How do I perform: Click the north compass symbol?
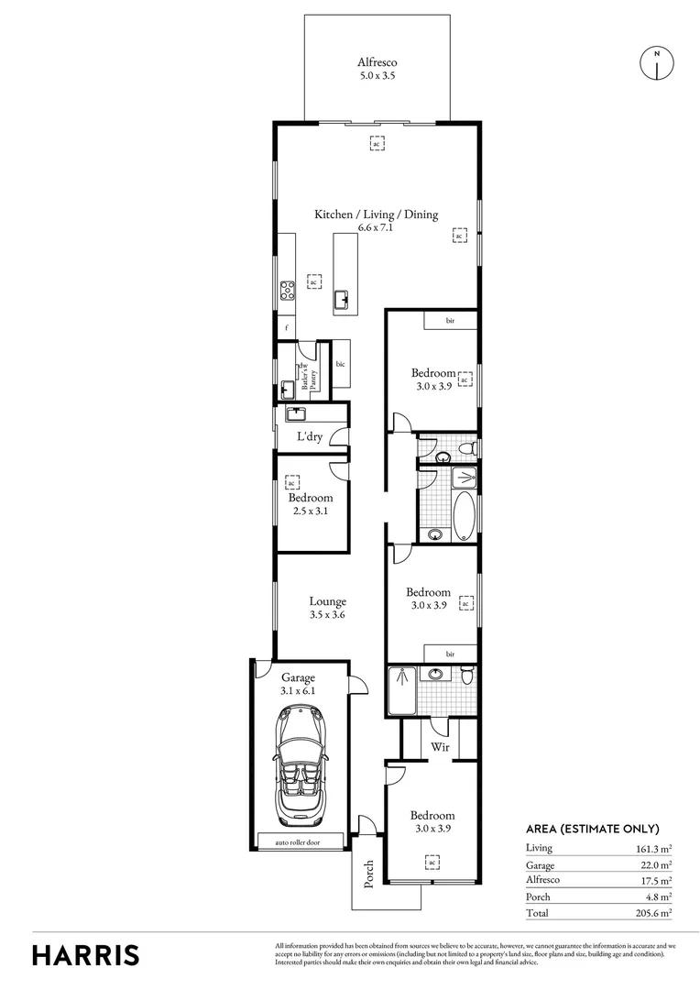click(x=656, y=61)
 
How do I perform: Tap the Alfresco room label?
click(x=377, y=62)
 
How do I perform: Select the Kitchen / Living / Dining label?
click(x=377, y=214)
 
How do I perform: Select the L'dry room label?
click(x=309, y=437)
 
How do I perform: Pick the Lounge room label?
click(x=327, y=602)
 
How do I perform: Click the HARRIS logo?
click(x=86, y=955)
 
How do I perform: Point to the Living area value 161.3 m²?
click(x=651, y=848)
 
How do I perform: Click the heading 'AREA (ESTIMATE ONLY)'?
click(x=592, y=828)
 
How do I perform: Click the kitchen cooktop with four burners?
click(x=287, y=290)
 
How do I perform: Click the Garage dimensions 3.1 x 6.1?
click(x=298, y=691)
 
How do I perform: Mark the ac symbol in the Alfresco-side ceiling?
click(x=376, y=143)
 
